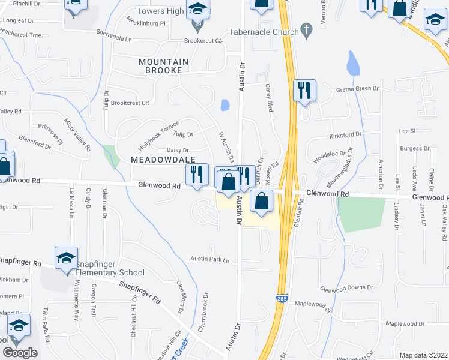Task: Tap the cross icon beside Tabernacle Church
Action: point(306,29)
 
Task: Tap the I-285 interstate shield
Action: point(282,298)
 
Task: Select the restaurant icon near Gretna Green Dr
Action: point(304,90)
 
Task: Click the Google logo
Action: point(20,353)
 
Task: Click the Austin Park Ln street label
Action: point(211,260)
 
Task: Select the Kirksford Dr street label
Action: point(345,135)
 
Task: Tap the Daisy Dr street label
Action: point(178,150)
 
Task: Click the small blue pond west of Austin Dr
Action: point(224,106)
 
